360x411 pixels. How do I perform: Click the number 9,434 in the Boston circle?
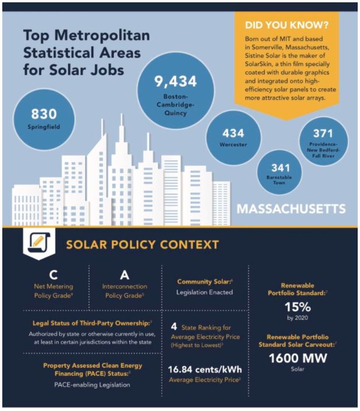(x=175, y=82)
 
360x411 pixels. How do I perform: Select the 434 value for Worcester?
(x=233, y=133)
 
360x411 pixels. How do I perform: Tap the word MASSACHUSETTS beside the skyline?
(x=291, y=208)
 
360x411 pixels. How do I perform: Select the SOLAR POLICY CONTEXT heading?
(x=142, y=245)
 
